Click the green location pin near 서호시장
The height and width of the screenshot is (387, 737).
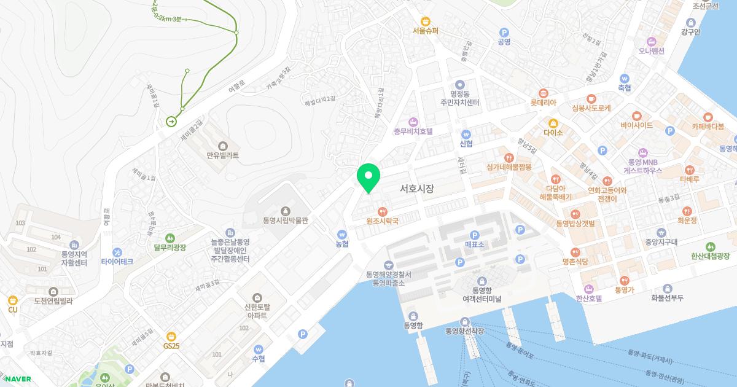[x=368, y=177]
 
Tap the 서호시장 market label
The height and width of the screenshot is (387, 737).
[x=416, y=189]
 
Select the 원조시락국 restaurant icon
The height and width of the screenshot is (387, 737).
[x=383, y=211]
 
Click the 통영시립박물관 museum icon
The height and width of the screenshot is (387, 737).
[x=285, y=211]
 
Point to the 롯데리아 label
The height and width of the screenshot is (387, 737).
[x=543, y=103]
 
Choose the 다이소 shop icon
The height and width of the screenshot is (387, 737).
[x=553, y=122]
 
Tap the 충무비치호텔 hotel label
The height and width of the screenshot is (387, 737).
[x=413, y=131]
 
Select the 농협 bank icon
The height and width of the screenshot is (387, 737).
[x=342, y=234]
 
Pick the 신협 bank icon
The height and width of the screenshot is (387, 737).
[x=466, y=134]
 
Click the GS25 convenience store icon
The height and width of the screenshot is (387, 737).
[x=171, y=336]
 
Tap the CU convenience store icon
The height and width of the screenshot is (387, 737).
[x=12, y=300]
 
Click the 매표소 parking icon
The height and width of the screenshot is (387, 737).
[x=474, y=235]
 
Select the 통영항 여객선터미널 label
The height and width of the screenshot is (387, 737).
[x=482, y=294]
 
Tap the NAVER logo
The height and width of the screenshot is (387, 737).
[x=17, y=378]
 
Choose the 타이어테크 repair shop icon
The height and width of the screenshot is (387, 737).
[x=117, y=252]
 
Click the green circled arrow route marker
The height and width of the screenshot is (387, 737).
[x=171, y=121]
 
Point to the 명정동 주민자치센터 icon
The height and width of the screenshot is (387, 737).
[x=459, y=85]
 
